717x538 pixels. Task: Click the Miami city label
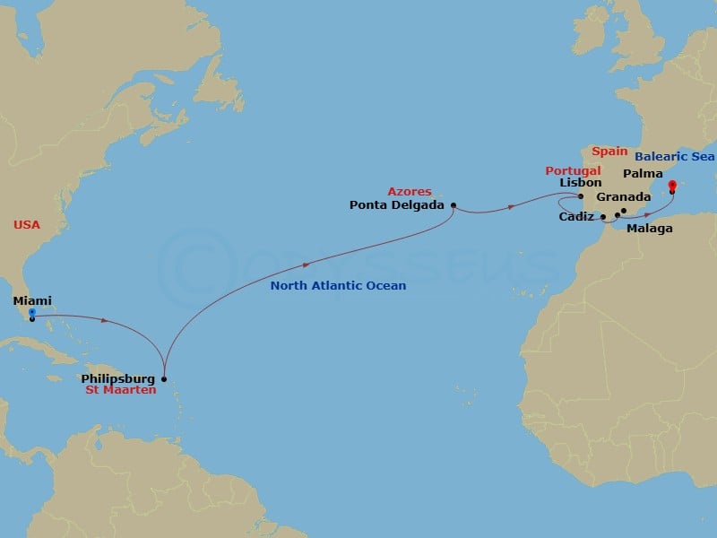point(32,301)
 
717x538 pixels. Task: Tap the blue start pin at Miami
point(31,313)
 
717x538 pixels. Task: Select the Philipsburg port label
point(117,379)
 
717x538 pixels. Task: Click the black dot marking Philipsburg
point(163,378)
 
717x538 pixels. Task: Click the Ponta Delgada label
point(398,204)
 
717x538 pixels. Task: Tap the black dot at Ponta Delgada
point(453,204)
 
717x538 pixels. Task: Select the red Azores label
point(410,192)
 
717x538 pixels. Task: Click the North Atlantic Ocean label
point(339,286)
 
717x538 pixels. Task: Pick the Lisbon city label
point(580,183)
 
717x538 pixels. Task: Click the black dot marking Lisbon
point(581,196)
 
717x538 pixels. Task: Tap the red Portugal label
point(573,170)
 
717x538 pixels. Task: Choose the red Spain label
point(609,152)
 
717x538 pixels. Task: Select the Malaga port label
point(650,229)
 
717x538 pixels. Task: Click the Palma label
point(643,173)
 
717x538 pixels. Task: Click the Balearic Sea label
point(675,157)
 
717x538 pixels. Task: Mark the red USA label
point(27,225)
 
